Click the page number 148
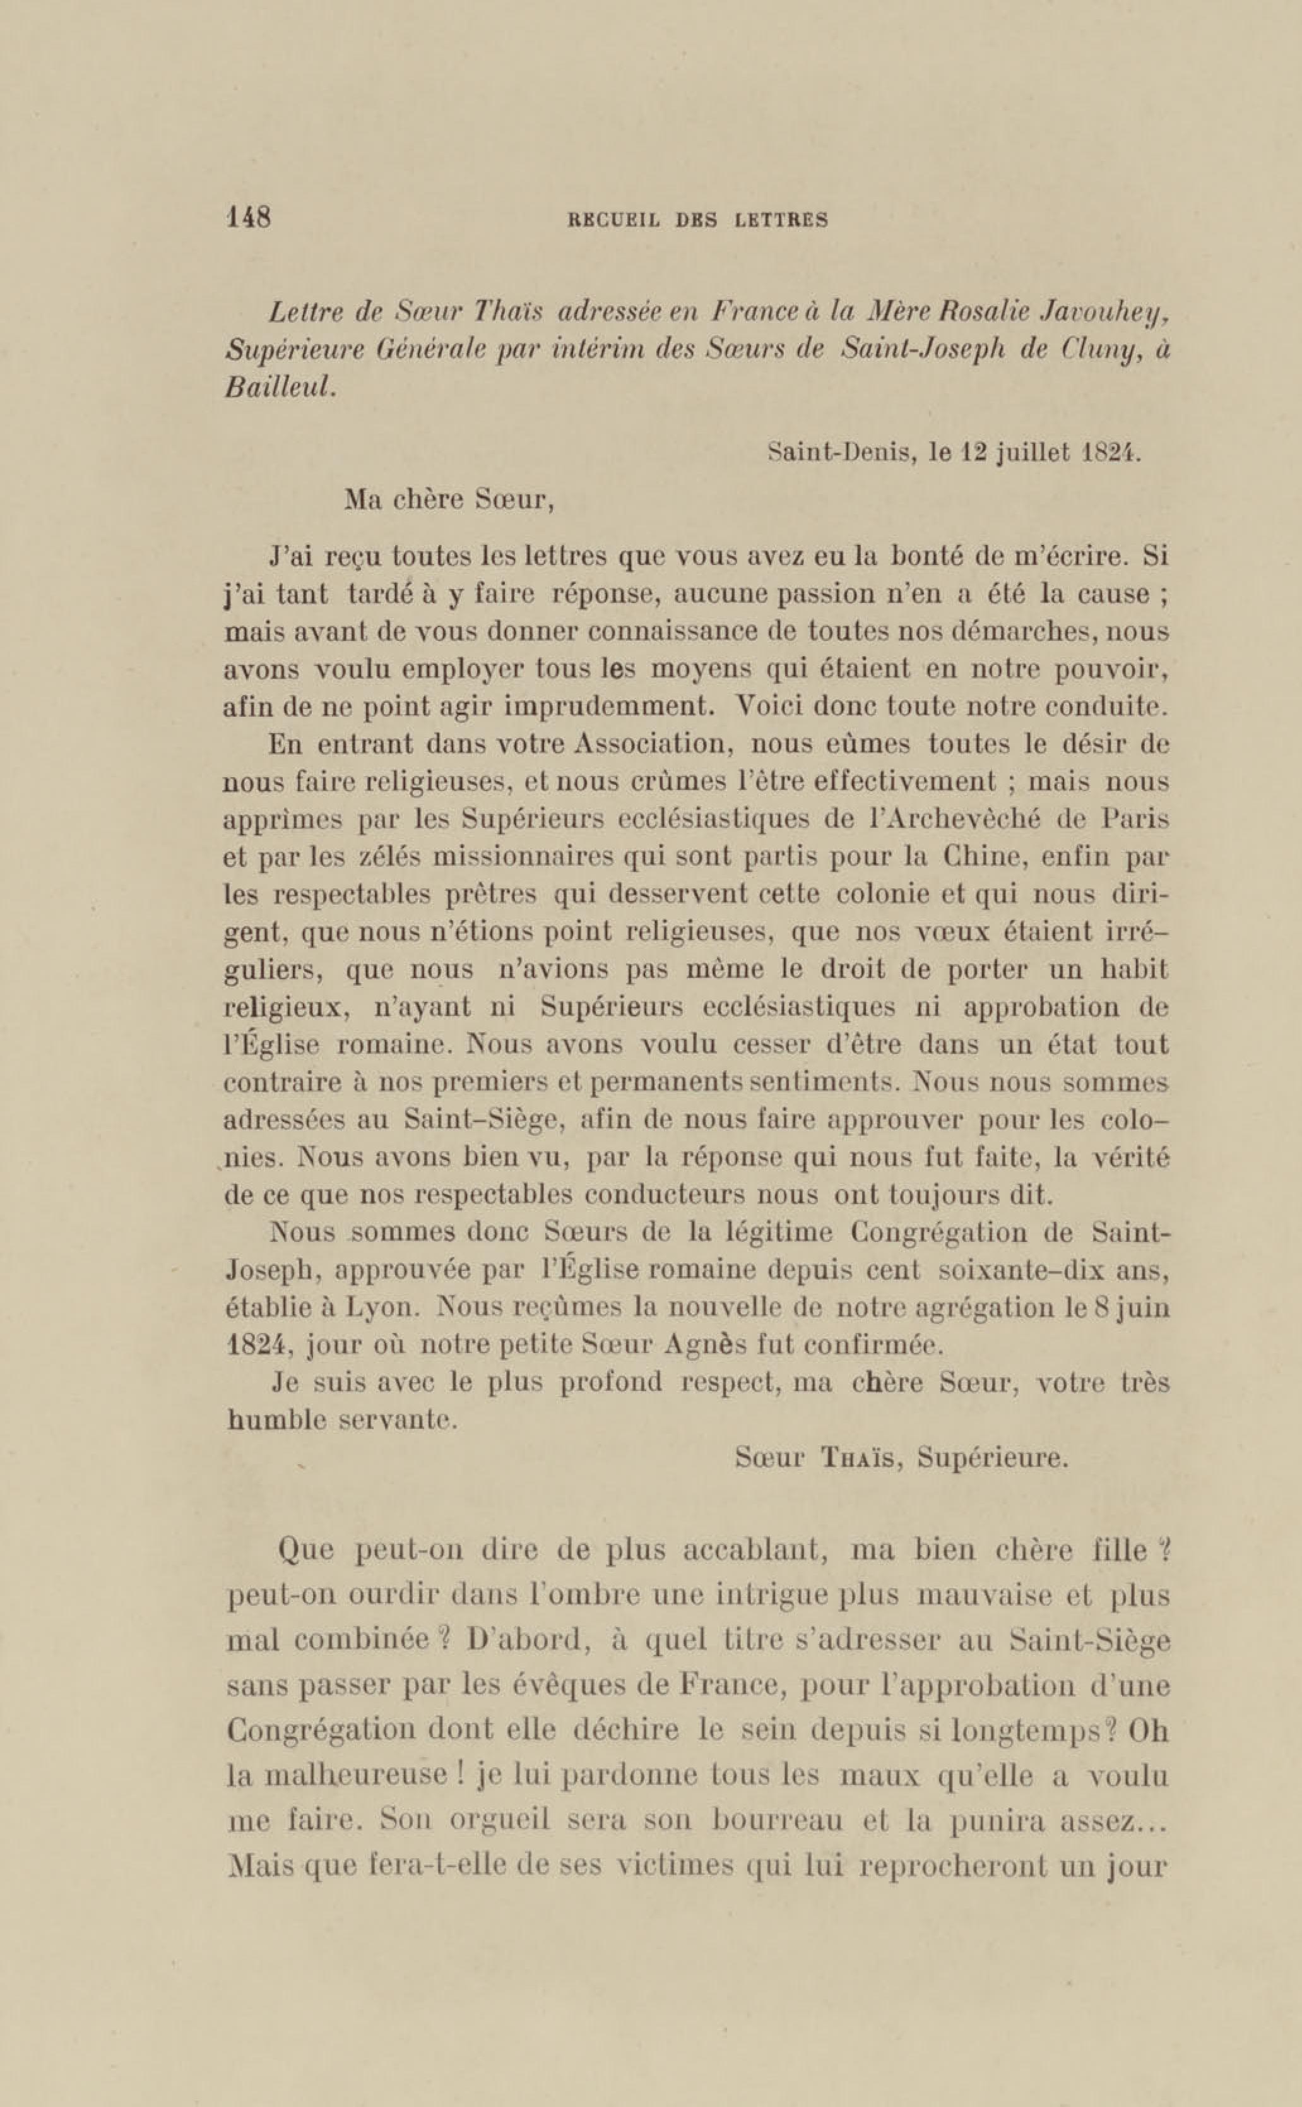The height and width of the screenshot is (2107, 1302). coord(248,217)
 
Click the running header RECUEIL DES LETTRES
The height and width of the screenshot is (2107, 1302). coord(697,220)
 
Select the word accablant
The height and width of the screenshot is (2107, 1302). coord(754,1551)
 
